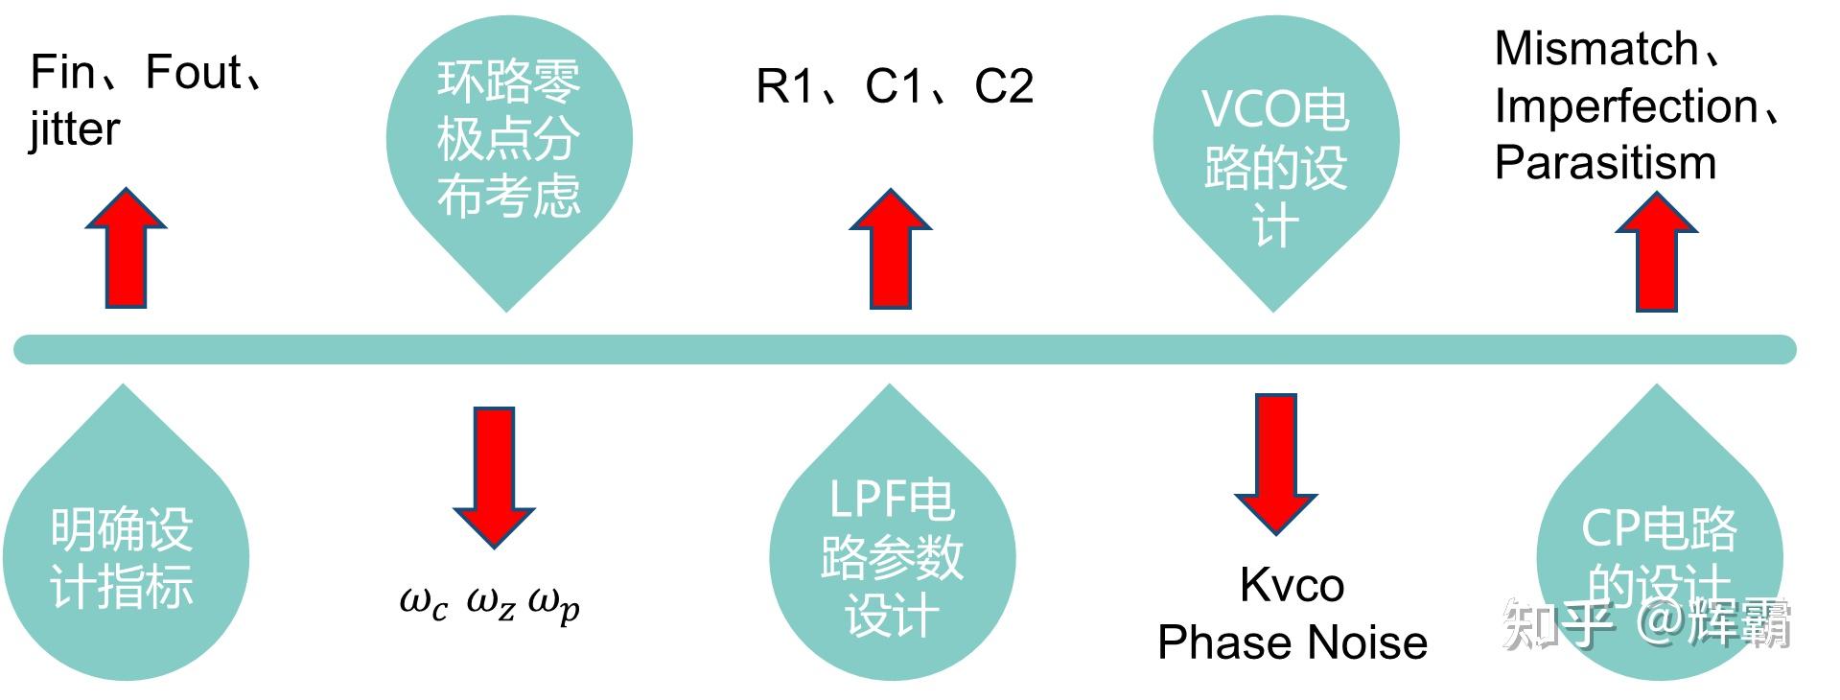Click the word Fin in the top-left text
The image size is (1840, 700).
61,72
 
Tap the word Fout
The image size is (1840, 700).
193,72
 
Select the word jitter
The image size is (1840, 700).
75,129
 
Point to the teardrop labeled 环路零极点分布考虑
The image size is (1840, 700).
508,144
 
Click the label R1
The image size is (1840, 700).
783,86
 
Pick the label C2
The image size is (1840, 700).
1003,86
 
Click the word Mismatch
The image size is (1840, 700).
1595,49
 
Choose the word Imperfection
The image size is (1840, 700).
1625,106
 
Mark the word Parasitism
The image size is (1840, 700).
1605,163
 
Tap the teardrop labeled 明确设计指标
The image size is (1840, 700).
125,556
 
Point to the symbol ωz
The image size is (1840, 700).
491,603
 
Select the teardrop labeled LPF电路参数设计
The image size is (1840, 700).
892,556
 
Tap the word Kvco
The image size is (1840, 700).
1292,585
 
